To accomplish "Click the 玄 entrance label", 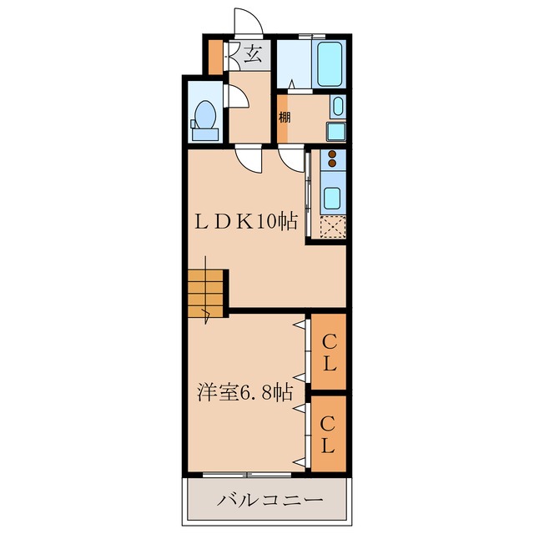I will click(254, 57).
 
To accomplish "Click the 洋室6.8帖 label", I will click(245, 390).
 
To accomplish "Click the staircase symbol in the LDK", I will click(206, 294).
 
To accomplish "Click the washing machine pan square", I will click(335, 131).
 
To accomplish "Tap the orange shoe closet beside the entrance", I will click(215, 57).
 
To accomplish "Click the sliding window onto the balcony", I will click(247, 474).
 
